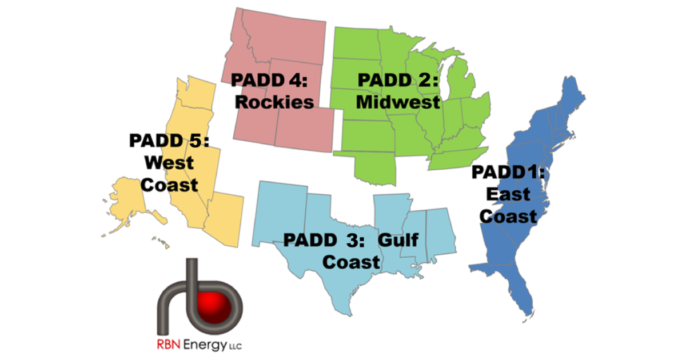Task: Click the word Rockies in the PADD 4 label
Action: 275,102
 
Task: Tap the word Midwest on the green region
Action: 398,102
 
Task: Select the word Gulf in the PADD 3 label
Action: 398,240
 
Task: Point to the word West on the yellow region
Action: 169,162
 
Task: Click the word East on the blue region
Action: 508,195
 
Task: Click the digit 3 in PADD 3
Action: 350,240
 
